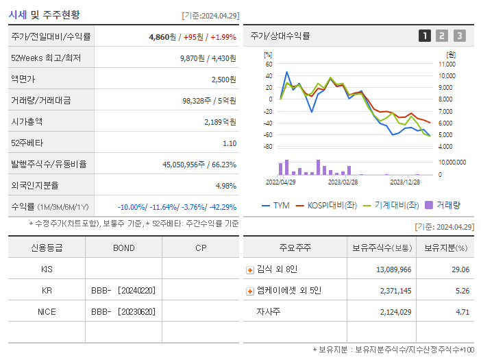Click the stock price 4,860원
[x=163, y=37]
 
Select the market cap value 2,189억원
[x=220, y=122]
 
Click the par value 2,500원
[x=223, y=80]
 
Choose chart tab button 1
[x=425, y=36]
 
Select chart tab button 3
[x=459, y=36]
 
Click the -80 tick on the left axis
[x=268, y=147]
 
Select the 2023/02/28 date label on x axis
[x=343, y=183]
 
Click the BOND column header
[x=123, y=248]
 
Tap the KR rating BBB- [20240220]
[x=123, y=291]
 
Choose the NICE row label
[x=47, y=311]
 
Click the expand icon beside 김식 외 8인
[x=249, y=270]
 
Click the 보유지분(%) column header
[x=445, y=248]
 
